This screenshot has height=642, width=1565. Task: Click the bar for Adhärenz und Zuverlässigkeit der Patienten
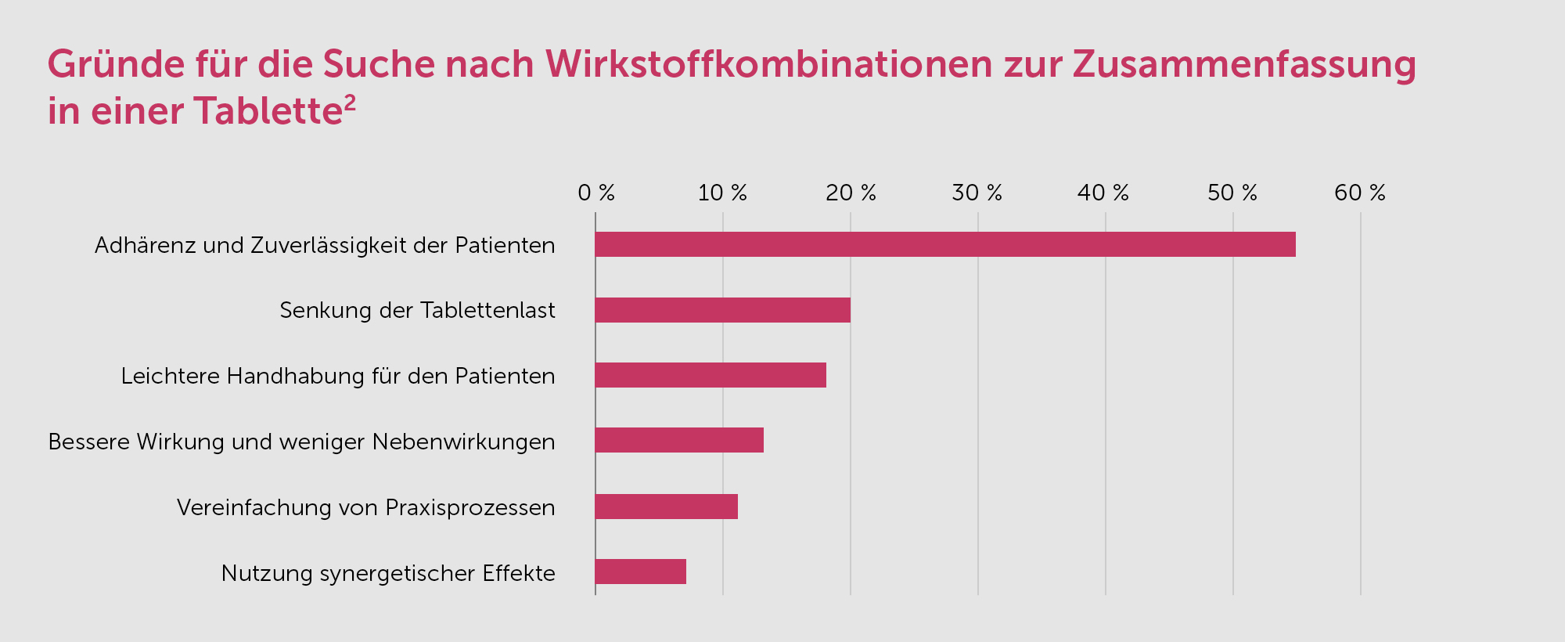(x=945, y=244)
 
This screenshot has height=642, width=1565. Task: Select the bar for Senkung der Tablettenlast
(x=722, y=310)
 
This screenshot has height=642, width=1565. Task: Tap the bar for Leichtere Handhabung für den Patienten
(x=711, y=375)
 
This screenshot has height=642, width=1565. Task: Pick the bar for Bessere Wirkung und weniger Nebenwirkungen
(x=679, y=440)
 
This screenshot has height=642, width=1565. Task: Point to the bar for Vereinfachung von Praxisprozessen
(x=666, y=507)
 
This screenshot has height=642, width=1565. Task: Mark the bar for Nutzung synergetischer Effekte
(x=640, y=572)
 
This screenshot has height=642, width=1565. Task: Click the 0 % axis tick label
(x=596, y=193)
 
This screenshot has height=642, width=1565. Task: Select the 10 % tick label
(x=722, y=193)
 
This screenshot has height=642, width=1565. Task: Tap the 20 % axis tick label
(x=851, y=193)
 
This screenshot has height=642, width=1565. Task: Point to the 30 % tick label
(x=977, y=193)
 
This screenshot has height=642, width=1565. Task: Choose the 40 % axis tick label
(x=1103, y=193)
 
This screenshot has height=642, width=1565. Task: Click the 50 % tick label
(x=1232, y=193)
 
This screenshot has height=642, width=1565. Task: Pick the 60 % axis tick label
(x=1360, y=193)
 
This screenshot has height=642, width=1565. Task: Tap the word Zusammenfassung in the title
(x=1244, y=64)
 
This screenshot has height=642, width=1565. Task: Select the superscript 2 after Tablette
(x=350, y=103)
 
